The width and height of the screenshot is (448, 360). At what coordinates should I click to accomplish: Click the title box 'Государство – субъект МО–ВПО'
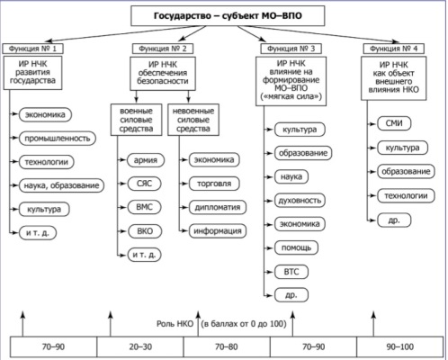point(228,15)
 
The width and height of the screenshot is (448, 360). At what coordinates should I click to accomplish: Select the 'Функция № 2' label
point(163,49)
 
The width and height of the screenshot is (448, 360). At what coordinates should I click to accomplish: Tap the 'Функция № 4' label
point(394,49)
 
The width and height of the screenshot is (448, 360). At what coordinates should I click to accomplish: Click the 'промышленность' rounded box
point(58,139)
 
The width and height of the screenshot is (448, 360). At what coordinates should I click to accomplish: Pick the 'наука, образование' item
point(61,185)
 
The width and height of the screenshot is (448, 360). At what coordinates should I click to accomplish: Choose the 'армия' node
point(146,160)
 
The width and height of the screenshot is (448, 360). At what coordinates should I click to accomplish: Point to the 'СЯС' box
point(145,184)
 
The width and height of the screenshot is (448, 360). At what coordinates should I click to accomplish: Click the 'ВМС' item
point(145,207)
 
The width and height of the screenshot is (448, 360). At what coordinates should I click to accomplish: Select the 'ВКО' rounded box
point(145,231)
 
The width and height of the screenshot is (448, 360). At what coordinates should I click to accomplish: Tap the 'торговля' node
point(214,184)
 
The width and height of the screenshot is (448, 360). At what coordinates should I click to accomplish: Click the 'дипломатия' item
point(218,207)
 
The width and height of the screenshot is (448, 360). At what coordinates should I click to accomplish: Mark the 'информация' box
point(218,231)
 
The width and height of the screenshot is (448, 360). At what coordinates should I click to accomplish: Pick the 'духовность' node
point(300,201)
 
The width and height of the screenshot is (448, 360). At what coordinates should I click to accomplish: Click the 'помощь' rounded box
point(296,247)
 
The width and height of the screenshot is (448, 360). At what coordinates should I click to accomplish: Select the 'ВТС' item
point(291,272)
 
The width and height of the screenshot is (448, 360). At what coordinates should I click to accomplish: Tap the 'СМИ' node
point(394,123)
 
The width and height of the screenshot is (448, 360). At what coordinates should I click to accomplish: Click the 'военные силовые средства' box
point(136,120)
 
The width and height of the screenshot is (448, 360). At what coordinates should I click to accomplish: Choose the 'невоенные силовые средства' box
point(193,120)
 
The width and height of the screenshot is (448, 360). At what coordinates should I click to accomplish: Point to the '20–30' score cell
point(140,346)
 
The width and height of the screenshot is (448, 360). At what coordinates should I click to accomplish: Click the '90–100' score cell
point(400,346)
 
